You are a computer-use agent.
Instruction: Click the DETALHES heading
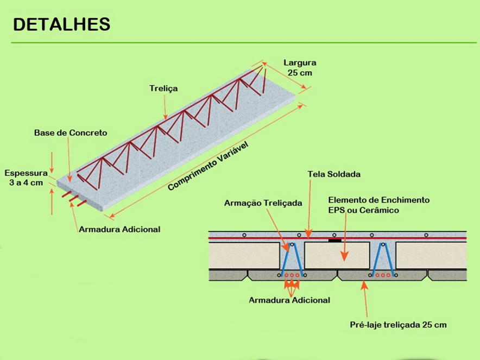point(61,24)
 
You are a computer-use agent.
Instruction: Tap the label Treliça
point(163,87)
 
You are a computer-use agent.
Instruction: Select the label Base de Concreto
point(71,132)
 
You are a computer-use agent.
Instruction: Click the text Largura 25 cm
point(300,67)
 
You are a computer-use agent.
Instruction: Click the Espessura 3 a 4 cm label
point(26,178)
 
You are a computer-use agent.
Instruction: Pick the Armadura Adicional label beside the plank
point(119,229)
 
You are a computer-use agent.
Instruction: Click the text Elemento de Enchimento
point(378,200)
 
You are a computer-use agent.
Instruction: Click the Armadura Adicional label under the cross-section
point(289,300)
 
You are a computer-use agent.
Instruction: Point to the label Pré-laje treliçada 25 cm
point(398,325)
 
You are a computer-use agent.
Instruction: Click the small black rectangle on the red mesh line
point(334,238)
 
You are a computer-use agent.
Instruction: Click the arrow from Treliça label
point(167,106)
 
